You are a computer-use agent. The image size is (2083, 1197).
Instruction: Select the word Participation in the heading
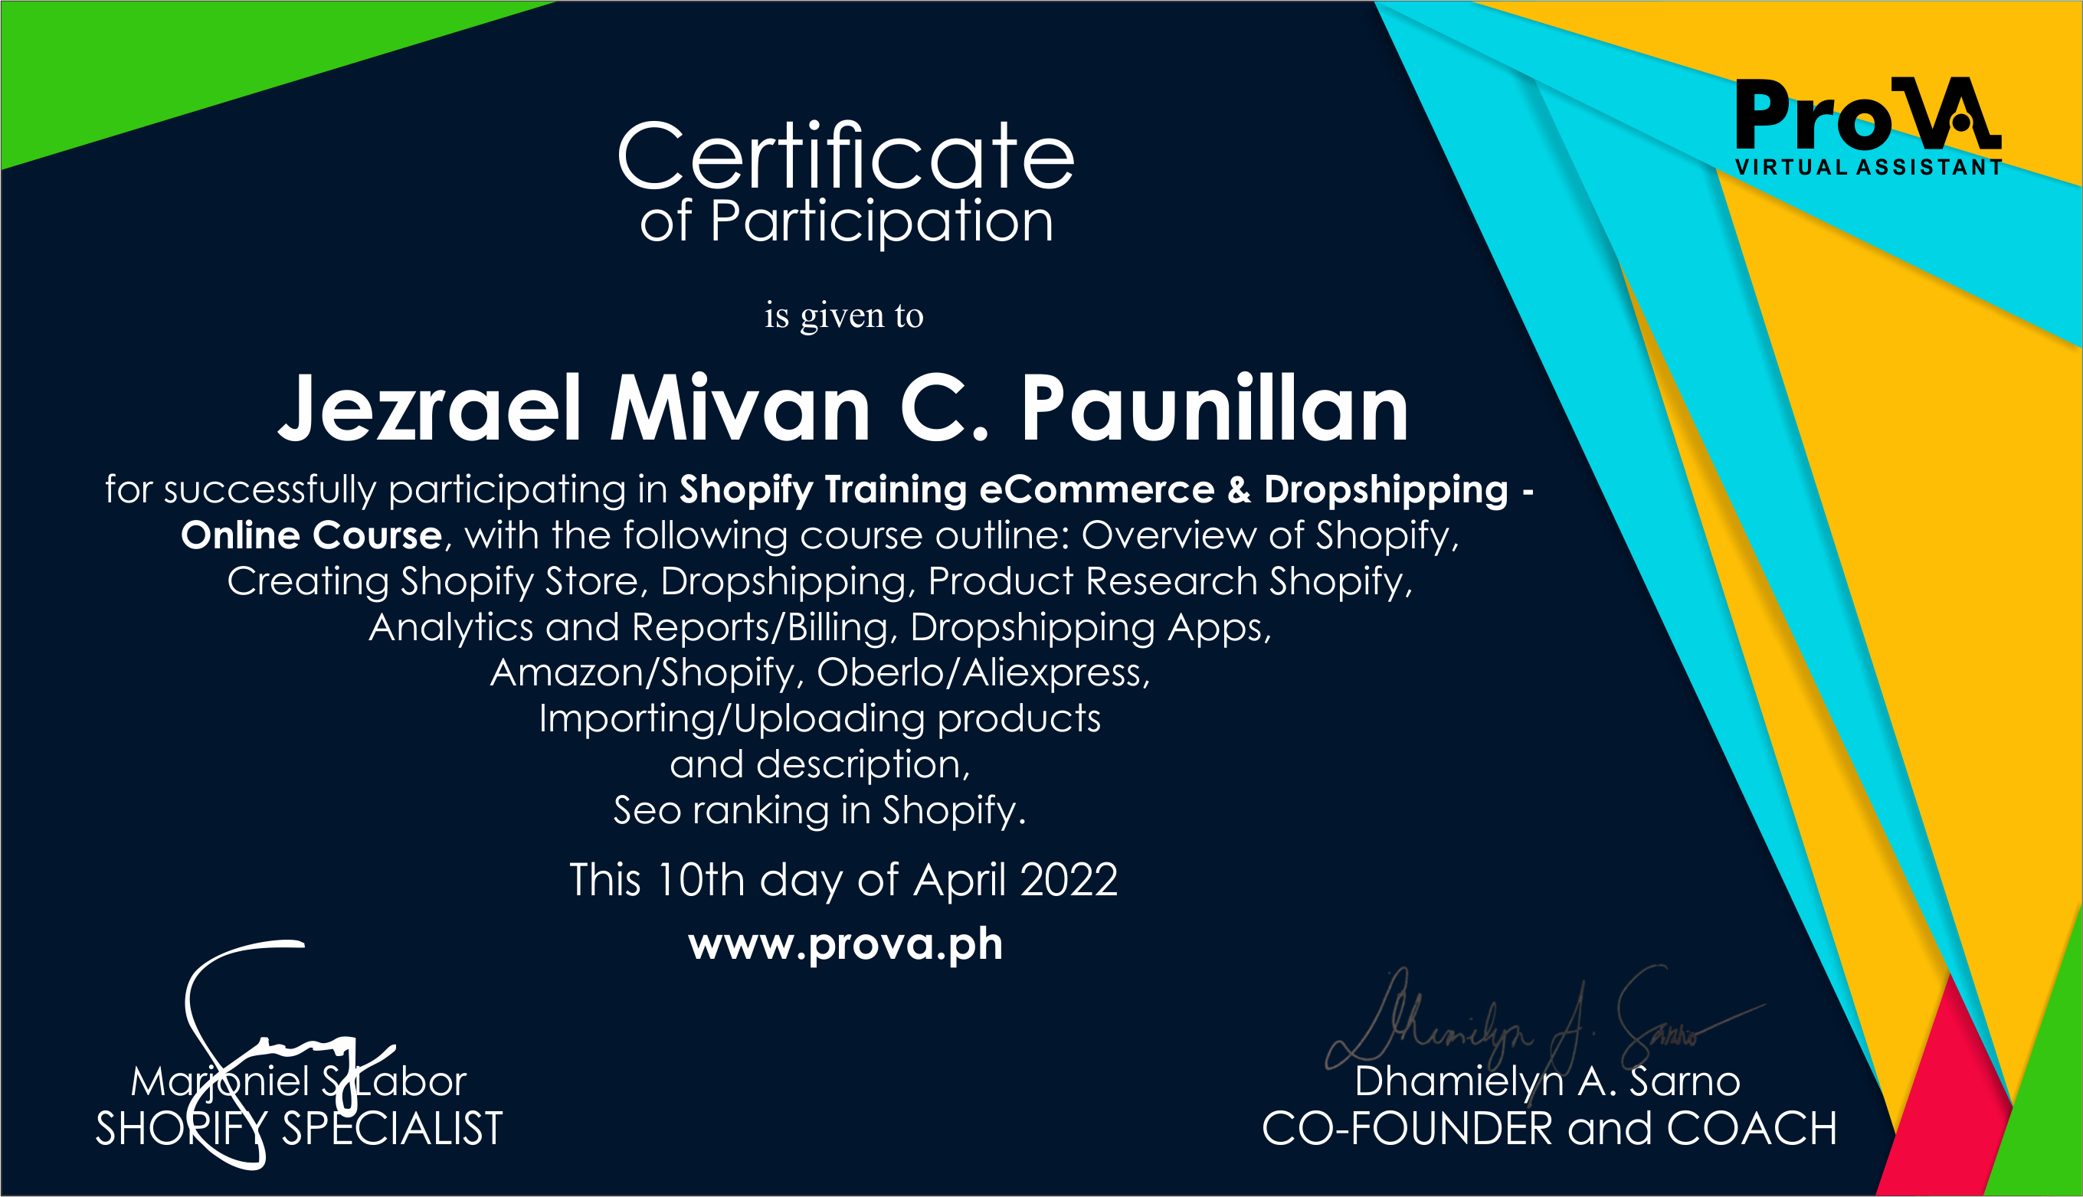point(882,222)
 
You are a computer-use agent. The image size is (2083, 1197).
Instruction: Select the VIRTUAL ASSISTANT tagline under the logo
point(1868,167)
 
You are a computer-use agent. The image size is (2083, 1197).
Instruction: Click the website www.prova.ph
point(845,944)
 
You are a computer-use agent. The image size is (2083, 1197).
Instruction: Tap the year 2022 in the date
point(1068,880)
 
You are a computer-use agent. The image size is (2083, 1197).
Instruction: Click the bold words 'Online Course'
point(312,535)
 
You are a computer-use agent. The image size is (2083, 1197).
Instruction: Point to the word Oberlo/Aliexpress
point(984,672)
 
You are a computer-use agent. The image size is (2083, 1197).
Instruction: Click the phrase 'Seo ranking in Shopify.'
point(820,810)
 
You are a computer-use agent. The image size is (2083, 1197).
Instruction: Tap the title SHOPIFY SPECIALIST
point(300,1129)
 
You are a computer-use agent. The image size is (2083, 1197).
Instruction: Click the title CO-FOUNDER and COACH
point(1549,1129)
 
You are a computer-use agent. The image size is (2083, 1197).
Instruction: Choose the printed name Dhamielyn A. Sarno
point(1548,1081)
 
